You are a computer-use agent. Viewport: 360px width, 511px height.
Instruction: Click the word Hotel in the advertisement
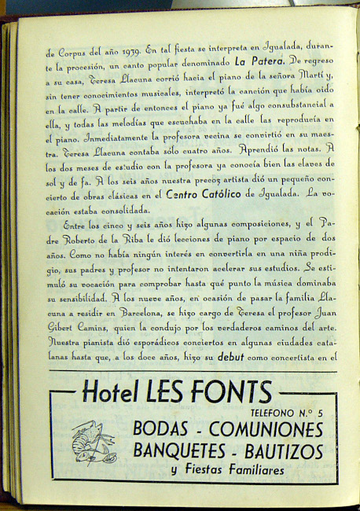point(110,392)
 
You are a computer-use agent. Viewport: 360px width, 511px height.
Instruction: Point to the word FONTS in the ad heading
point(233,392)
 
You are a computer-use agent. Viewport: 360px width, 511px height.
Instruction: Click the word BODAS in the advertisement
point(162,429)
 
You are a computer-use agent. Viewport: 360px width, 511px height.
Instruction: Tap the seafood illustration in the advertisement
point(93,442)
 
